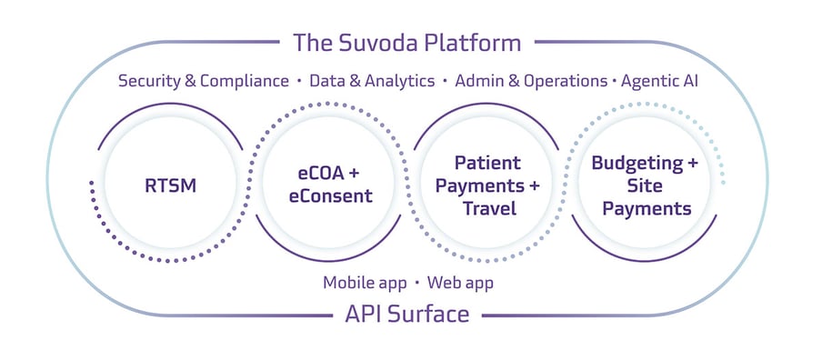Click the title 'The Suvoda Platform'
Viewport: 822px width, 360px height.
coord(406,42)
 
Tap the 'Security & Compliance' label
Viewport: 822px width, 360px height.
coord(203,81)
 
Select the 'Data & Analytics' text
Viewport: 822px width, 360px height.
coord(372,81)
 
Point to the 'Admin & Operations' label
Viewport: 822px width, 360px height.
coord(530,81)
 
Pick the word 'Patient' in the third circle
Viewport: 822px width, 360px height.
coord(488,164)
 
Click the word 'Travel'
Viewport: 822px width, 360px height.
coord(488,209)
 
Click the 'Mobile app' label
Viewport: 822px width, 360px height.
coord(364,283)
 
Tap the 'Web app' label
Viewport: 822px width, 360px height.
coord(460,283)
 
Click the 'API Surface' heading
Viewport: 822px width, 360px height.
coord(406,315)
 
